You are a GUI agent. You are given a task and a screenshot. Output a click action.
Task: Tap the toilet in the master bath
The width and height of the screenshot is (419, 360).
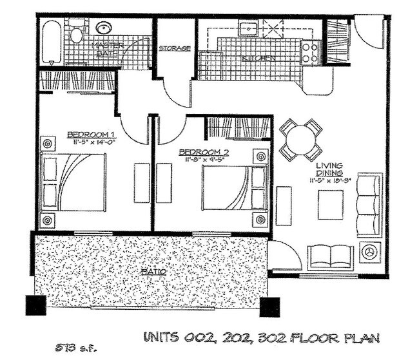point(77,32)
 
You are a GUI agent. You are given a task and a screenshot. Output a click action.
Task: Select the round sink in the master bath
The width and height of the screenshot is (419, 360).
point(103,28)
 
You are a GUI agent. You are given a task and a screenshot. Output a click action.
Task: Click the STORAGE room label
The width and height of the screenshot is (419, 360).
point(175,48)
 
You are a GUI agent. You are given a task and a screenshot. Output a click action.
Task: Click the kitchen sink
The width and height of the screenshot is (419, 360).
point(248,28)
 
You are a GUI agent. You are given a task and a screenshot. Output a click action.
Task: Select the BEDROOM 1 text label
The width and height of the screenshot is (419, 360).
point(86,135)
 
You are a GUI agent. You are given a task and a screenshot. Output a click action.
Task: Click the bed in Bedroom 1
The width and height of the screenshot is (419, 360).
point(73,182)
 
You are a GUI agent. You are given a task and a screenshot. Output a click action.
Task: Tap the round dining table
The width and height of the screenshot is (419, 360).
point(300,138)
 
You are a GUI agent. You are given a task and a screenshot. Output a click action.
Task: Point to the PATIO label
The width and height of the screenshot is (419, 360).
point(154,272)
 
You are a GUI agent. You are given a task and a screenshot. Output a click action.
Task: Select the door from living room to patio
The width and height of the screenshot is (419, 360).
point(284,256)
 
